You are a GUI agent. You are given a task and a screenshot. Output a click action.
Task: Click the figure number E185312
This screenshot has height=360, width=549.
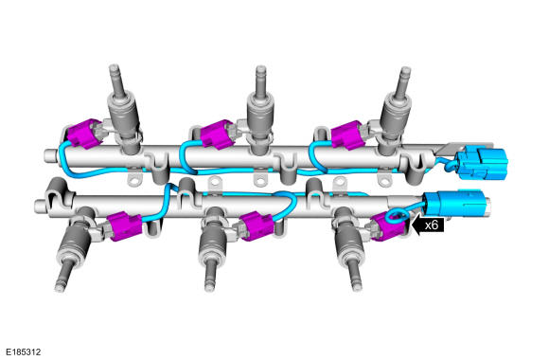click(23, 351)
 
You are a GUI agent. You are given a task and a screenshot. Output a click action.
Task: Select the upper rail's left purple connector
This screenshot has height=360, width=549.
click(83, 134)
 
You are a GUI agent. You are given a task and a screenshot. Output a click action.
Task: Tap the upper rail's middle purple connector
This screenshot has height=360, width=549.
click(217, 135)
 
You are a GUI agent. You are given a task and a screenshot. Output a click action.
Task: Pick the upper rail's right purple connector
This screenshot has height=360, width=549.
click(347, 135)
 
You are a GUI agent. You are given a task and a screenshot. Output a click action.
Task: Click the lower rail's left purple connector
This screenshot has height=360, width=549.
click(125, 226)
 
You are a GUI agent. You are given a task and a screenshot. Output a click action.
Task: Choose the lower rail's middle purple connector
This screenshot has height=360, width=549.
click(257, 226)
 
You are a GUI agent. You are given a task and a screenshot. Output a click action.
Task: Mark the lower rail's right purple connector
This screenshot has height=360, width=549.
click(389, 226)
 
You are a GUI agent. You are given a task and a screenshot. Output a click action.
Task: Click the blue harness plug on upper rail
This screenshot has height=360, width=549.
click(483, 164)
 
